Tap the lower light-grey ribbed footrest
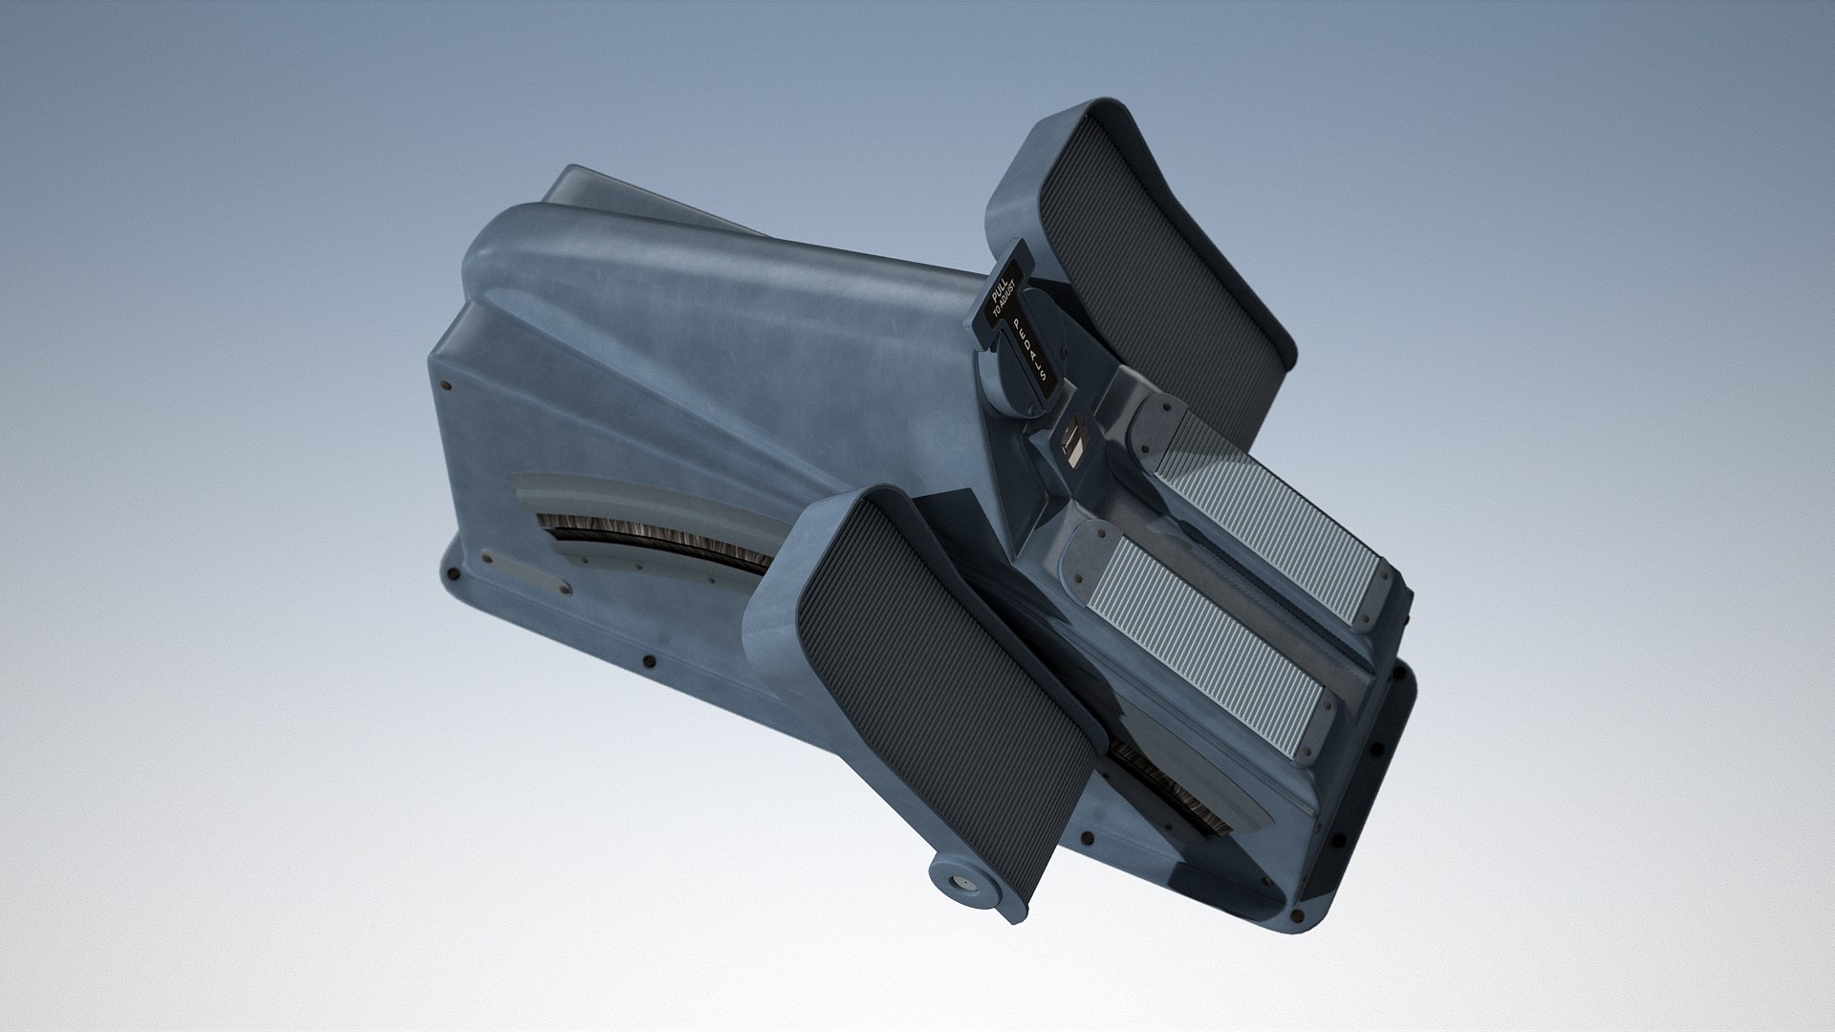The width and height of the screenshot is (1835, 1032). point(1204,621)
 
